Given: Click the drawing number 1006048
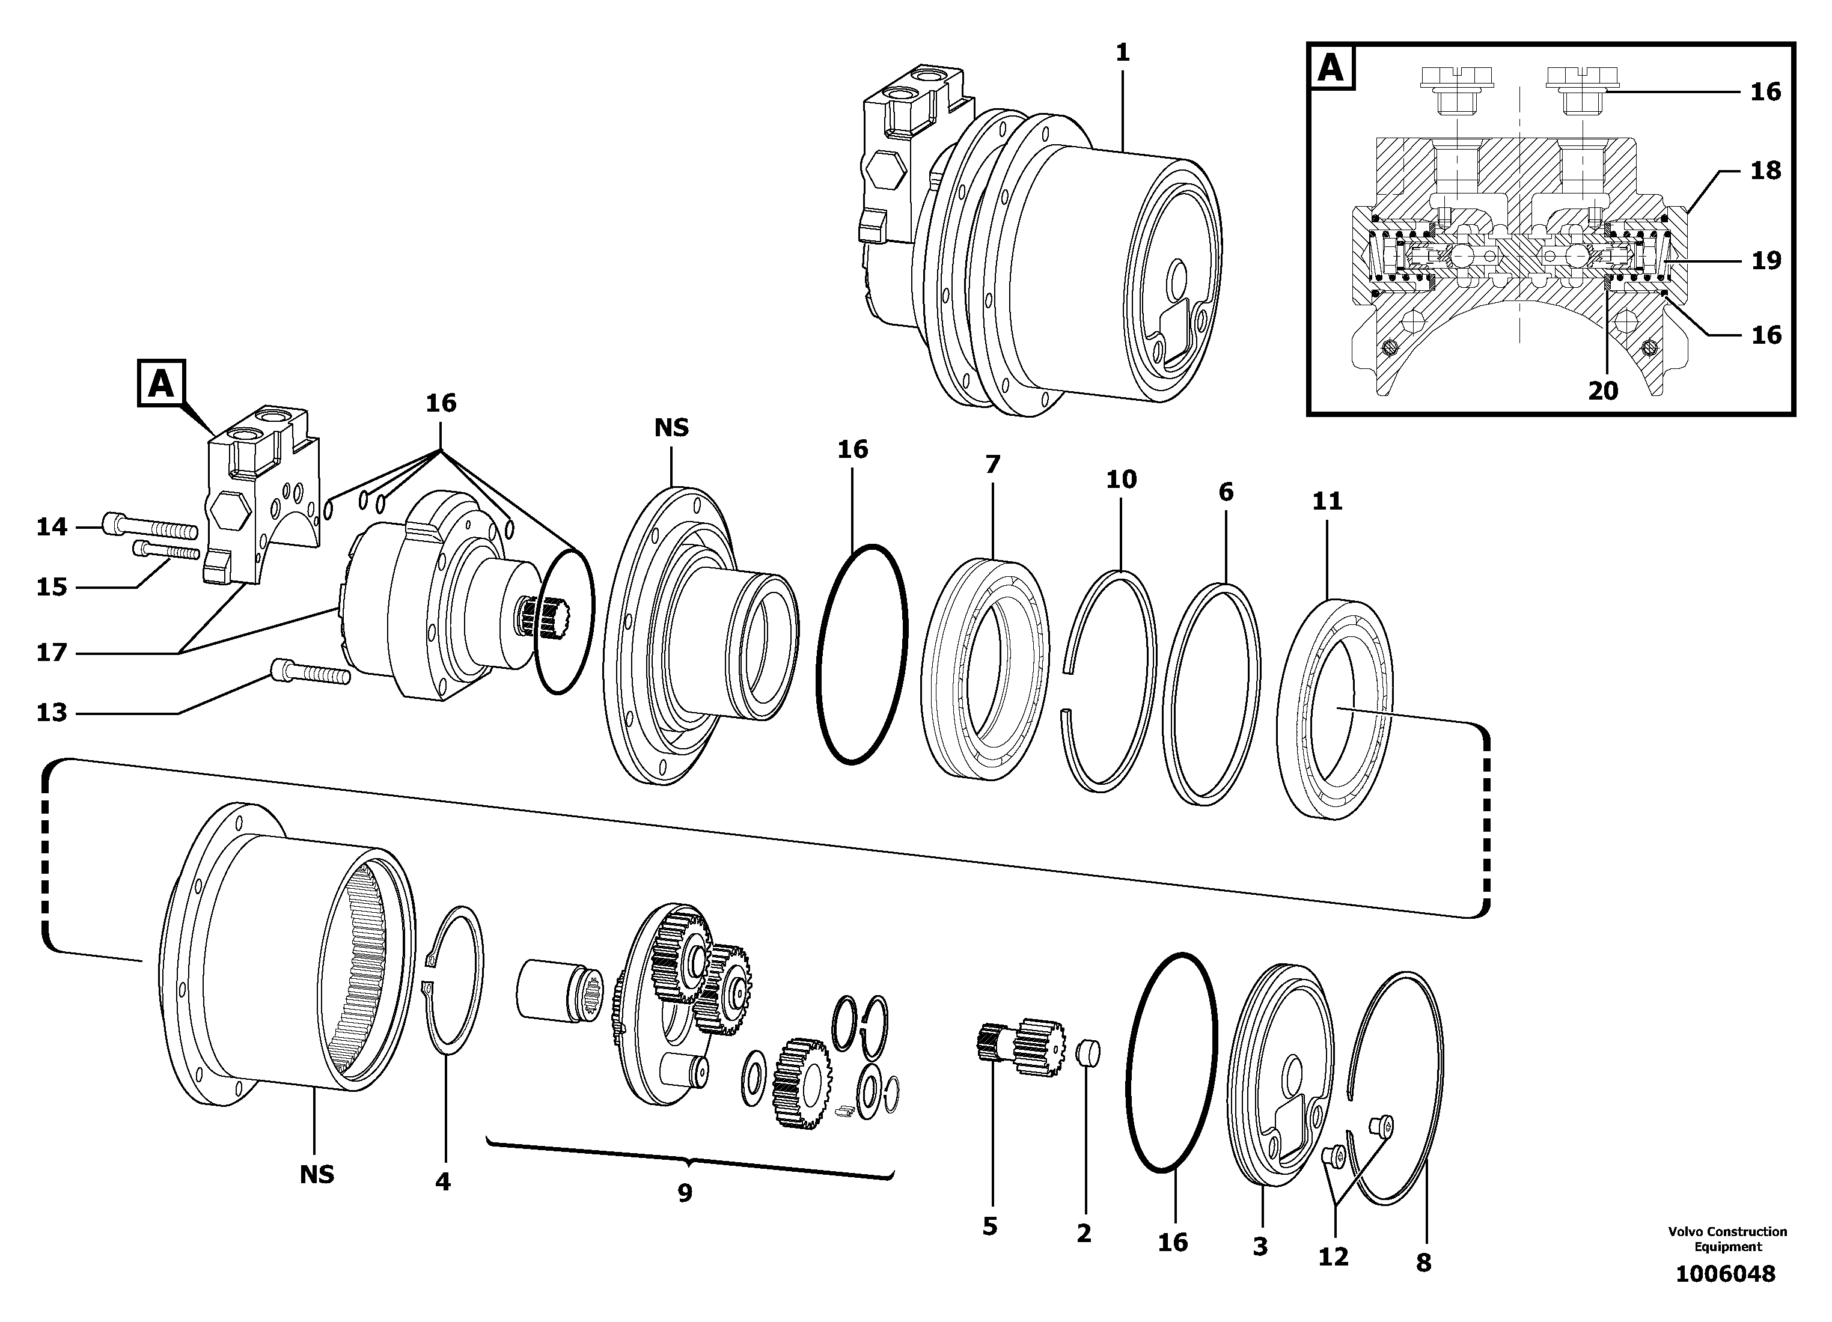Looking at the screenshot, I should click(x=1726, y=1275).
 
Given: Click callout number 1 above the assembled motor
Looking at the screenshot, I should click(x=1122, y=53).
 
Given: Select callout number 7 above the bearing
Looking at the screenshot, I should click(x=993, y=465).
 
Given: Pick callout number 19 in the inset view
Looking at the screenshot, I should click(x=1766, y=260).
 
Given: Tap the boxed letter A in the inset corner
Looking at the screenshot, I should click(x=1330, y=68).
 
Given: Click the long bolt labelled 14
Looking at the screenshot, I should click(x=150, y=528).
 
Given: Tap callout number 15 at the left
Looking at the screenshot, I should click(x=52, y=587).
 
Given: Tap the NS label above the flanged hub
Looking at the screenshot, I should click(x=671, y=428).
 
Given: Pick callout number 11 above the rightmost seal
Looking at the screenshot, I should click(x=1327, y=502).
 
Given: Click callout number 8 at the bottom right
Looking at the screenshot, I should click(x=1423, y=1263).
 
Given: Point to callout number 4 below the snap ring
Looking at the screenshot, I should click(x=442, y=1183).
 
